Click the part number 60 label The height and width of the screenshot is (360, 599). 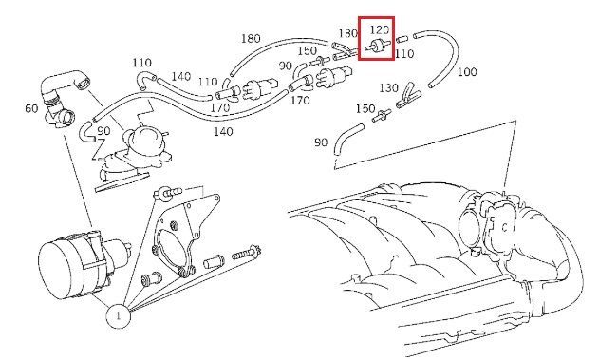(31, 108)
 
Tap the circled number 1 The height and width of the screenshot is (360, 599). (118, 316)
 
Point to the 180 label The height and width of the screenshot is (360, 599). (251, 38)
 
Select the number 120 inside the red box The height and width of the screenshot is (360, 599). (380, 29)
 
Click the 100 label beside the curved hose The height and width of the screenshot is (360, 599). (466, 72)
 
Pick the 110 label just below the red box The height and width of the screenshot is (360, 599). (404, 54)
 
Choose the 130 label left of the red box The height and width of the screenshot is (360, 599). (347, 33)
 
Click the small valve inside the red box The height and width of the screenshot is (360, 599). (378, 46)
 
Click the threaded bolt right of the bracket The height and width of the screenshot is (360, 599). (247, 254)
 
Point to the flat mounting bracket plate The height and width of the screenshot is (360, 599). (187, 233)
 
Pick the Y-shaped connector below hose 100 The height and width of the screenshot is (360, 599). (408, 96)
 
